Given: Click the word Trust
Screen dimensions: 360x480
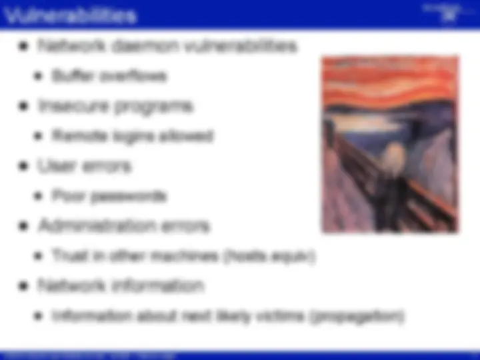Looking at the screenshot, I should point(67,256).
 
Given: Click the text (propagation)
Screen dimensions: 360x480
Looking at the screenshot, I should point(357,316).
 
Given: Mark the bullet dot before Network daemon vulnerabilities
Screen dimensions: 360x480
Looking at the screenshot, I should point(25,47).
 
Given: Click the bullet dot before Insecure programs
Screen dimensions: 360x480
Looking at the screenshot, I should point(25,107).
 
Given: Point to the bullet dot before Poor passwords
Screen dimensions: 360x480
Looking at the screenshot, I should point(39,197).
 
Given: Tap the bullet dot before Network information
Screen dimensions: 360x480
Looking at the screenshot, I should point(25,287).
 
